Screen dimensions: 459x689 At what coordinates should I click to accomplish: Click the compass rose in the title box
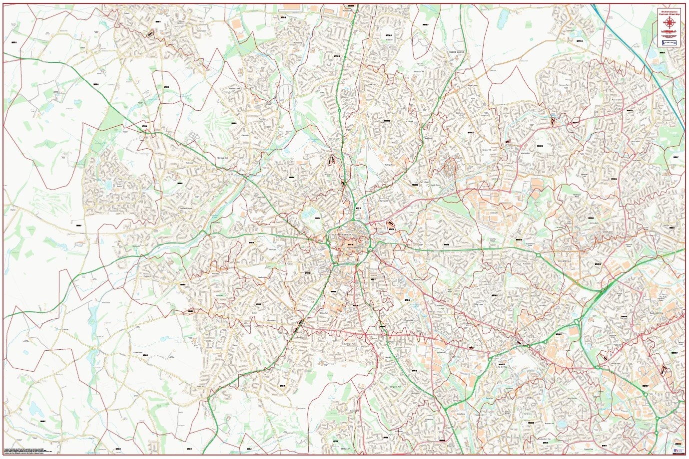669,22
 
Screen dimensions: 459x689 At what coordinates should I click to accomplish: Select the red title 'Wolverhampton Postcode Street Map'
669,11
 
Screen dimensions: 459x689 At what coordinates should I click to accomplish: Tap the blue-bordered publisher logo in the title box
669,43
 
